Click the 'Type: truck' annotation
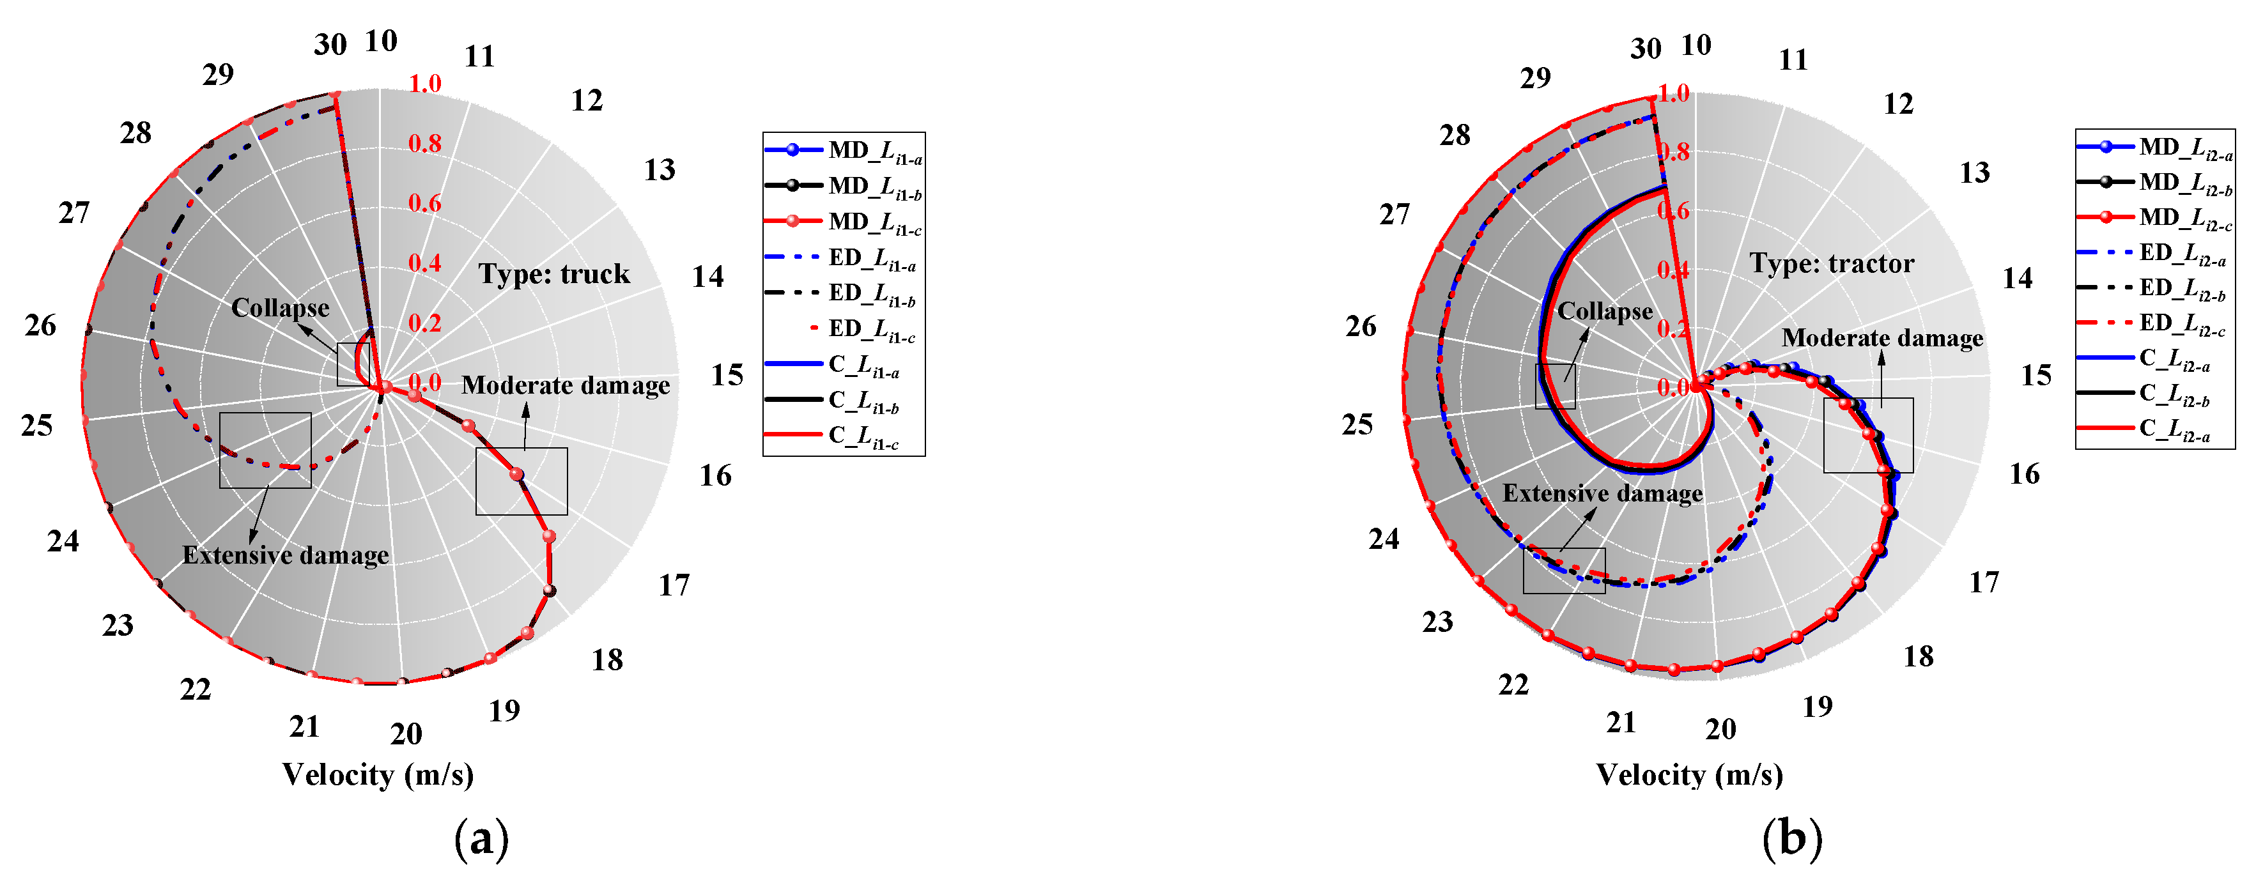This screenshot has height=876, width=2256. [553, 274]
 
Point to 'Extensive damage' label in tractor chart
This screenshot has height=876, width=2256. [1603, 493]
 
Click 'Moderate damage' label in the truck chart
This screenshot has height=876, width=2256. [566, 385]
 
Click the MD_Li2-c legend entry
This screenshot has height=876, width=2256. [2154, 217]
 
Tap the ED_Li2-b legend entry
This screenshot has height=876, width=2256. [2154, 288]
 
